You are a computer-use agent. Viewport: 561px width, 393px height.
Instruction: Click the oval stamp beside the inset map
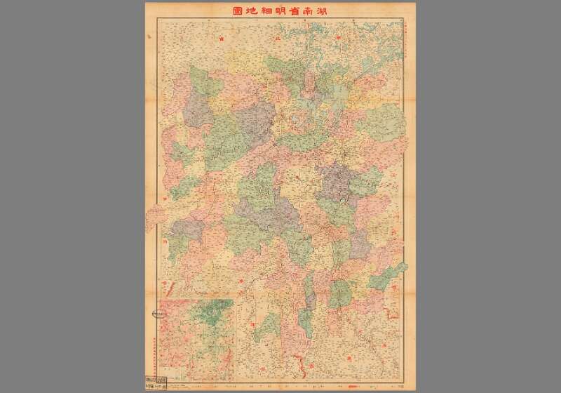point(151,314)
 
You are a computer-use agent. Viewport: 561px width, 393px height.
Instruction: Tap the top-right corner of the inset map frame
point(234,300)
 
